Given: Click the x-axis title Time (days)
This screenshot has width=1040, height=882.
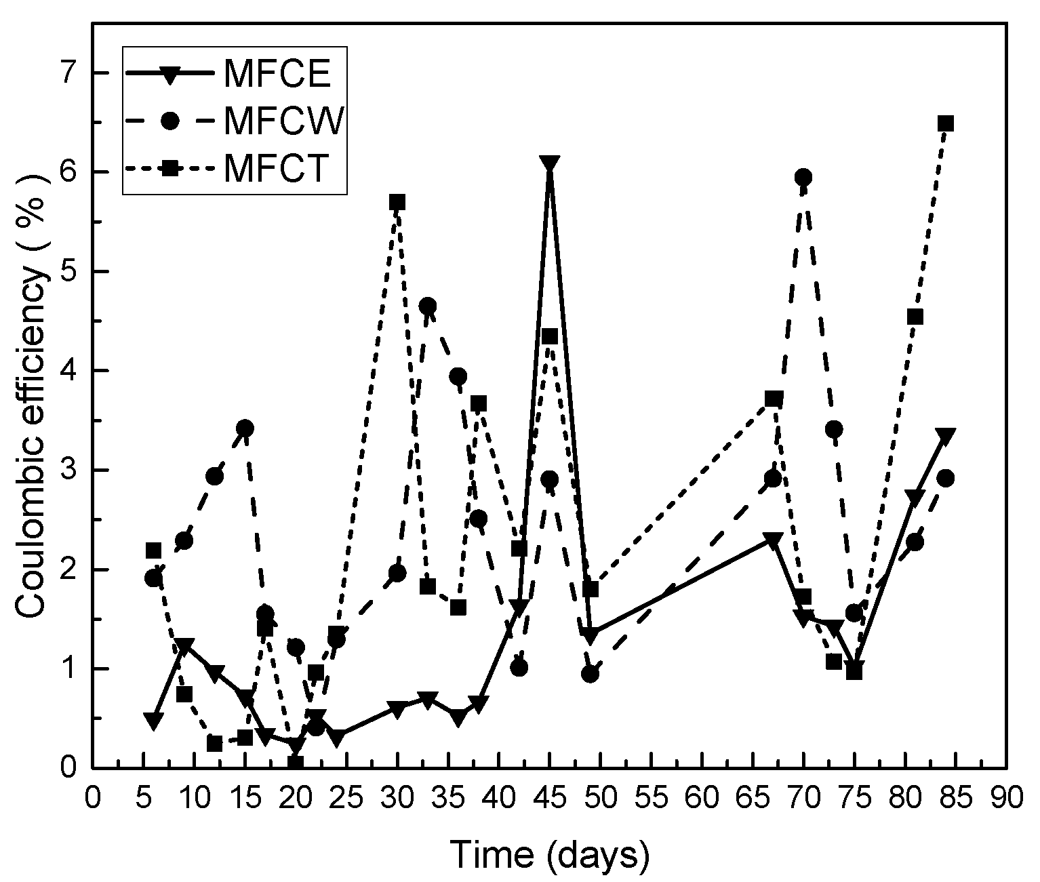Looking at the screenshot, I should point(550,856).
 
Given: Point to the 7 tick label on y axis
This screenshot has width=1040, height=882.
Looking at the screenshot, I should point(70,73).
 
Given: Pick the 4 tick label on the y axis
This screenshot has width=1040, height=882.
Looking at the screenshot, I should point(70,371).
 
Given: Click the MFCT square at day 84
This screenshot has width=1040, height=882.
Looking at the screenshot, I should point(946,123).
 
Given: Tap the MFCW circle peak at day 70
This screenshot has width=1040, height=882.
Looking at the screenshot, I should point(803,178).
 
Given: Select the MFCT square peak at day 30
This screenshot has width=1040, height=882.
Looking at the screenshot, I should point(397,202).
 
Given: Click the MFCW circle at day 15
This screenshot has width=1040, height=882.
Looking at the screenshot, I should point(245,428).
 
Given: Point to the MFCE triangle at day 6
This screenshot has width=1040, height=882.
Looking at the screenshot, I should point(153,721).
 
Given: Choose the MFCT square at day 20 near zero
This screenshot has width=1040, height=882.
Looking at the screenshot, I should point(295,763).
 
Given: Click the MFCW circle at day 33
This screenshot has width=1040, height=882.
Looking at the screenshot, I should point(427,306).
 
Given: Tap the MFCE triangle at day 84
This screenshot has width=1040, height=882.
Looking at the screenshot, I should point(946,435).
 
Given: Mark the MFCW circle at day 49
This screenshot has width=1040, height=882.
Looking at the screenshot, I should point(590,674).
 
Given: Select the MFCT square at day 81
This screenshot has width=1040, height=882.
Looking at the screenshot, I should point(915,317).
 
